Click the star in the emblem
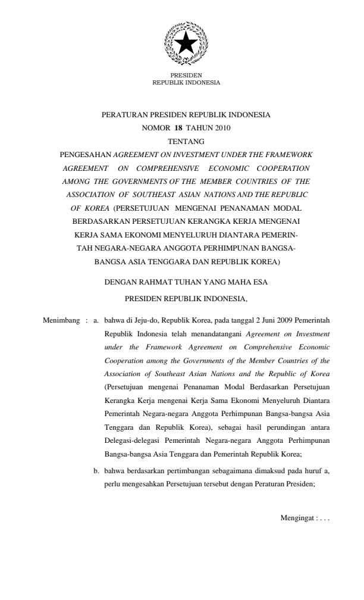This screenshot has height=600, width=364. pos(186,43)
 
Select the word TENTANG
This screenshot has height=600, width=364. pos(186,141)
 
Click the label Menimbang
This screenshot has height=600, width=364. pos(62,321)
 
